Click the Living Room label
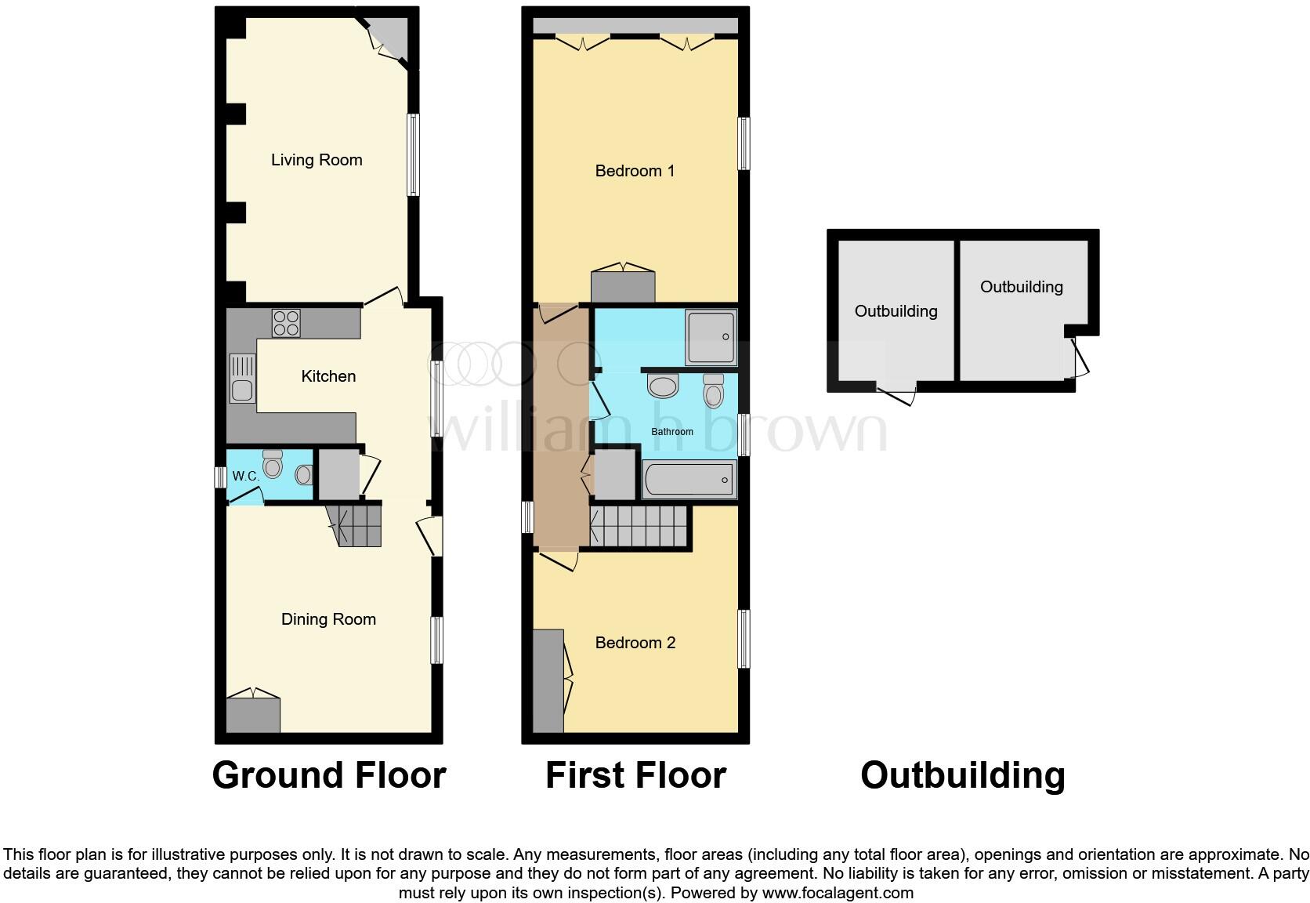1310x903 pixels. pos(317,160)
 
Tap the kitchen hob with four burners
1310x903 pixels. pos(286,323)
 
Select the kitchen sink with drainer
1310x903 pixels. pos(242,378)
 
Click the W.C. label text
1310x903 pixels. pos(245,476)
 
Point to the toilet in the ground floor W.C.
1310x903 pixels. pos(273,465)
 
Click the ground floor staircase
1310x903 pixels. pos(356,525)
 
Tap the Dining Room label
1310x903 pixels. pos(328,619)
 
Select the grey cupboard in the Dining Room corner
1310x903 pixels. pos(252,714)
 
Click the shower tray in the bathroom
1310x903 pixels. pos(711,338)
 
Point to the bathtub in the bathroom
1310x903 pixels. pos(689,479)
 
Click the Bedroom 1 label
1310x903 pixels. pos(635,171)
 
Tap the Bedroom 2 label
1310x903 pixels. pos(635,643)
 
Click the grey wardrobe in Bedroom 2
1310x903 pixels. pos(548,680)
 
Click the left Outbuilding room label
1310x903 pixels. pos(896,311)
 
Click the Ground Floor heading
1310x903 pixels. pos(328,774)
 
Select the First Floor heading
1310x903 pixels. pos(635,774)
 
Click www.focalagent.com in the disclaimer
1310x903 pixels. pos(837,893)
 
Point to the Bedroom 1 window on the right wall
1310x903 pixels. pos(744,143)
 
